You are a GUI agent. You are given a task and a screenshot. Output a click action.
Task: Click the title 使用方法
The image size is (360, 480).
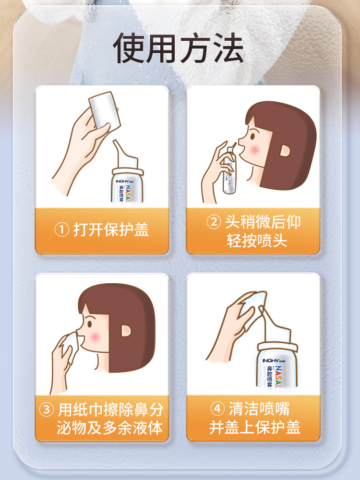(179, 48)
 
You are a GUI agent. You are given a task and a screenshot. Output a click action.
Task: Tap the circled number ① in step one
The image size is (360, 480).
(61, 229)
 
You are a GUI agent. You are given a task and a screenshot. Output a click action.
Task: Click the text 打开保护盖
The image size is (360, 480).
(111, 229)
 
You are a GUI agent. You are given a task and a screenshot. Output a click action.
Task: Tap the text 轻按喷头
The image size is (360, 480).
(257, 240)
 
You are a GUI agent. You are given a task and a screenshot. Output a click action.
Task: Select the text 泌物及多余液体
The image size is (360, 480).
(109, 427)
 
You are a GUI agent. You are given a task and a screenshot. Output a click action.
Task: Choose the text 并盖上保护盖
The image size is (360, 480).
(255, 427)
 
